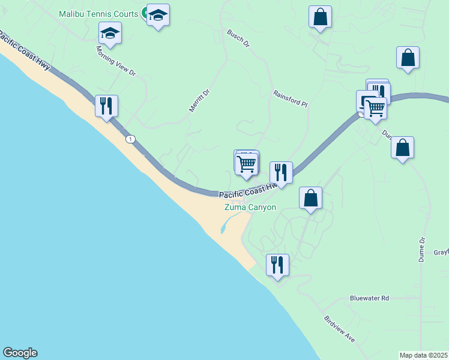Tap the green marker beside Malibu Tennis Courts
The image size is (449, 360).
[145, 13]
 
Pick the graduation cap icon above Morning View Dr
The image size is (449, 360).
[110, 33]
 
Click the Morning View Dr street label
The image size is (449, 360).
[116, 62]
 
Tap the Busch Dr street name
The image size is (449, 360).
[238, 40]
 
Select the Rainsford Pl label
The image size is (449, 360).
[290, 99]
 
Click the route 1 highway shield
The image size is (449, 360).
[130, 139]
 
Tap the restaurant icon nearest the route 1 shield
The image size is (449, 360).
[107, 106]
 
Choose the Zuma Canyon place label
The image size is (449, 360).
[250, 208]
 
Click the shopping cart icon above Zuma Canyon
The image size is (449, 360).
[247, 163]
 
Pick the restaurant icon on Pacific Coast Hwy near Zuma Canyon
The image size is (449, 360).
[281, 173]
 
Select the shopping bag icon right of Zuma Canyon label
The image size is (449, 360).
[311, 198]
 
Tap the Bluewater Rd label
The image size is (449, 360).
[369, 298]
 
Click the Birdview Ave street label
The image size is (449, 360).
[339, 329]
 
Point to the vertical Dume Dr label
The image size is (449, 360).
[422, 248]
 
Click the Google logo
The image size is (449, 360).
[20, 353]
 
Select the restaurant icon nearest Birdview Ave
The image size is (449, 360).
[277, 265]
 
